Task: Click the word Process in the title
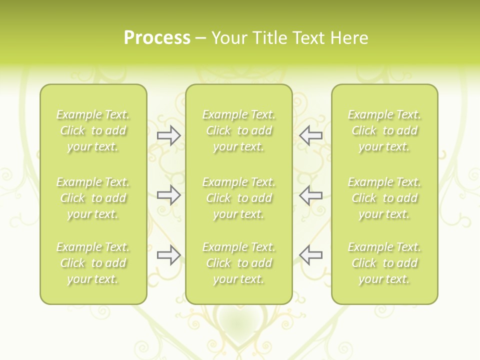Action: (x=157, y=38)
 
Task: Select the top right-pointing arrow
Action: (x=168, y=135)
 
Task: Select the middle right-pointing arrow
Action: (x=168, y=195)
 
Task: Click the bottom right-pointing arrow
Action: (x=168, y=255)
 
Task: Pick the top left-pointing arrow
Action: (x=311, y=135)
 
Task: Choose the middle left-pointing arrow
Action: (x=311, y=195)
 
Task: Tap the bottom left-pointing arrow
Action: (x=311, y=255)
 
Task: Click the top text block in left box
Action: (x=93, y=130)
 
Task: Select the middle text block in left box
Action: (x=93, y=198)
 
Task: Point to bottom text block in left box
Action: (x=93, y=263)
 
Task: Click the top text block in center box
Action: (x=238, y=130)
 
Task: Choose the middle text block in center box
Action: (x=238, y=198)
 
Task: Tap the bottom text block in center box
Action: (x=238, y=263)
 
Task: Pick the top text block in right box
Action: (x=384, y=130)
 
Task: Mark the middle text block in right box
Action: (x=384, y=198)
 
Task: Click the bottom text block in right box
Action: (x=384, y=263)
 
